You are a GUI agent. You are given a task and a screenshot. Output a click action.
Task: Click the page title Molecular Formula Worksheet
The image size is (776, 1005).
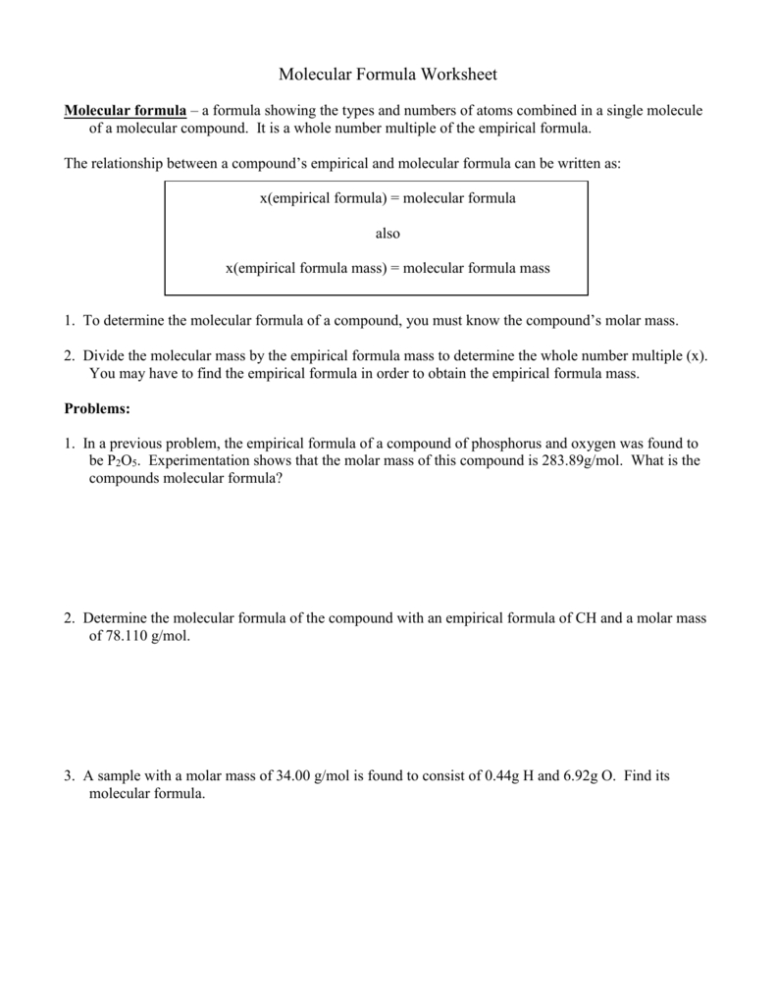tap(388, 75)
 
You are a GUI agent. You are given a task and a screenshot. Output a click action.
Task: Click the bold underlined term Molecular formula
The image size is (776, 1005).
tap(125, 111)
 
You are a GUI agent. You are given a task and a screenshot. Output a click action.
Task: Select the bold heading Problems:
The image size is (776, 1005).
tap(97, 408)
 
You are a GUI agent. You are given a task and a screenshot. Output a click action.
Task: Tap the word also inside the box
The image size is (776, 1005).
tap(388, 234)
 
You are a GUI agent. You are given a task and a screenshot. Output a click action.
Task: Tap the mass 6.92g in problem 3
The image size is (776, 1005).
tap(580, 776)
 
